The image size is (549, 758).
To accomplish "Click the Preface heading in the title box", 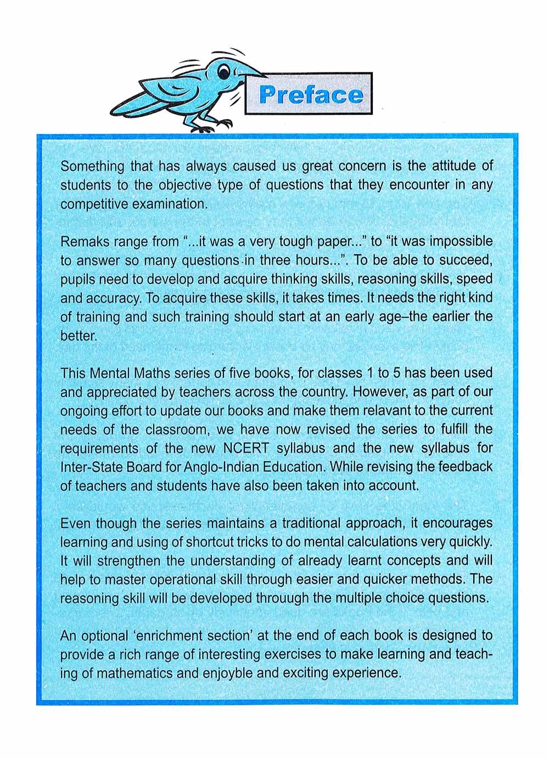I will tap(311, 94).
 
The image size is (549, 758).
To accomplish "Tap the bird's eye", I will tap(223, 69).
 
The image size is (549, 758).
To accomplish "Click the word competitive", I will tap(93, 204).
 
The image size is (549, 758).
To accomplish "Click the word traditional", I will tap(335, 523).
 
